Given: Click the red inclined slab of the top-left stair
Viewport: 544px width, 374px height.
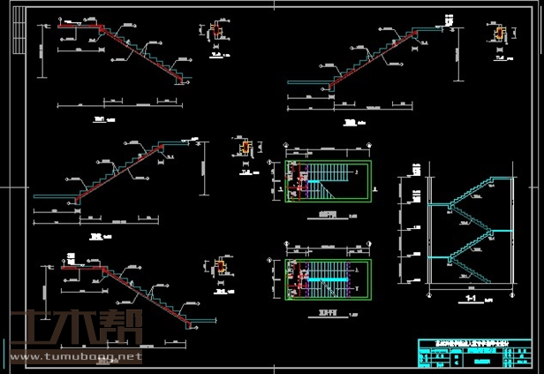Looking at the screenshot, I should coord(141,53).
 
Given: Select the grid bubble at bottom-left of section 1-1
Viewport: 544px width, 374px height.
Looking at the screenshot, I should coord(429,293).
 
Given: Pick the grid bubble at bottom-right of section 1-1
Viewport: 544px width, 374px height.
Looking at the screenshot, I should coord(510,293).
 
